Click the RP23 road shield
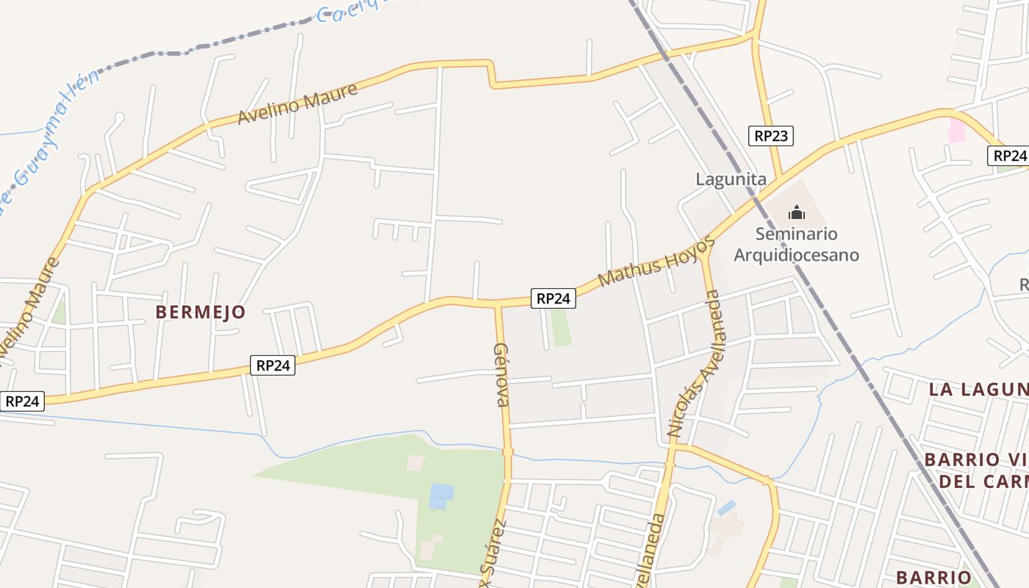771,135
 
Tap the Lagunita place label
731,179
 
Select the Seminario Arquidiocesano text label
797,244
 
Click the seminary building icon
797,214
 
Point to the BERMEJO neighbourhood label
200,312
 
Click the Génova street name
501,374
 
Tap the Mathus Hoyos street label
656,261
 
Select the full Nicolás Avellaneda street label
695,365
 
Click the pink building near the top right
956,131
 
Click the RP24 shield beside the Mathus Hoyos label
553,298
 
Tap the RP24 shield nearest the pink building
1009,156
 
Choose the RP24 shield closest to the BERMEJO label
273,365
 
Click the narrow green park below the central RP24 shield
562,327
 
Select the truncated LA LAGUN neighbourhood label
978,390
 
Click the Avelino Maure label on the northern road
298,104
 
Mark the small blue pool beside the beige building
726,507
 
